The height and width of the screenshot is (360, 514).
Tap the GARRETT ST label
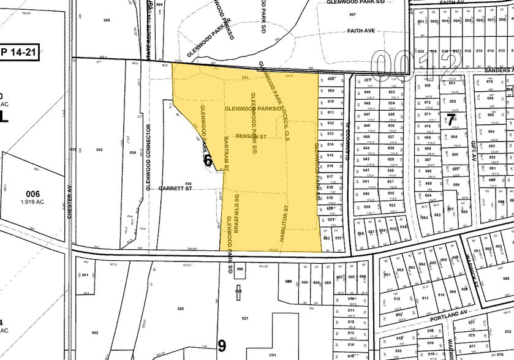click(176, 189)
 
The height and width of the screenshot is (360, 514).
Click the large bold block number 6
click(208, 161)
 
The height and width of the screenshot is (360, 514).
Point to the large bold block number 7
click(450, 119)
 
